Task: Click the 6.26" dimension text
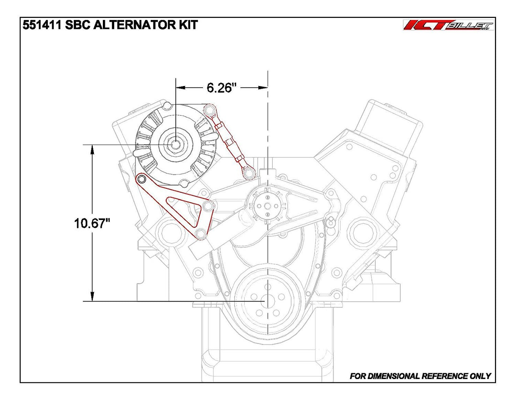pos(221,87)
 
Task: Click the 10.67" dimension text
pos(92,223)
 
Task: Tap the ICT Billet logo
pos(449,25)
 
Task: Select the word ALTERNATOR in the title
pos(139,25)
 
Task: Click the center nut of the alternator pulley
pos(175,145)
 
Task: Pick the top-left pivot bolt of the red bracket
pos(142,179)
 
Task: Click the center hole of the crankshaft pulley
pos(267,301)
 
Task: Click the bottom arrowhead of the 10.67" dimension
pos(92,296)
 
